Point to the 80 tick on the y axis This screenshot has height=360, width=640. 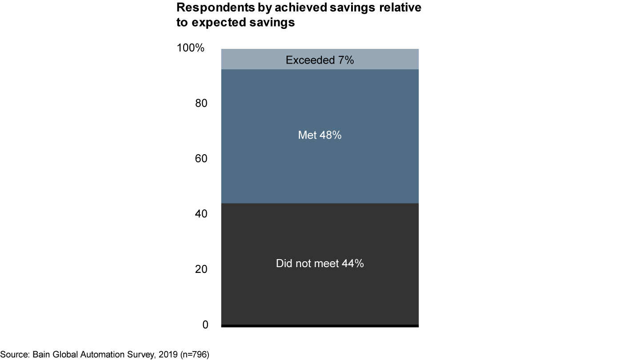tap(202, 103)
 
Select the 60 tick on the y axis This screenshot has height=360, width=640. tap(202, 159)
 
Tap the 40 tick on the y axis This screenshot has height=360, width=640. tap(202, 214)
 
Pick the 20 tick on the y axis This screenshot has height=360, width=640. tap(202, 269)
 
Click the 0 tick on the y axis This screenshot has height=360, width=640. tap(205, 325)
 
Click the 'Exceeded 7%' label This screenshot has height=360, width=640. tap(320, 60)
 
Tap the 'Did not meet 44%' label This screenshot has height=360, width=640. tap(320, 264)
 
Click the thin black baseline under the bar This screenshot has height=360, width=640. tap(320, 326)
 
